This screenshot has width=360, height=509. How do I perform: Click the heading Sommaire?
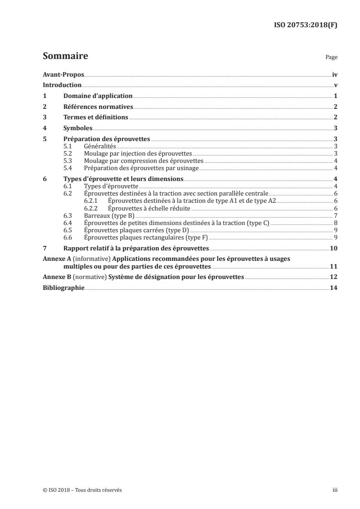(x=65, y=57)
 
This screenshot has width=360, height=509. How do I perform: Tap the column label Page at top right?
(x=331, y=58)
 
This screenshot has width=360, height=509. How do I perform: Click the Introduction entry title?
(x=62, y=85)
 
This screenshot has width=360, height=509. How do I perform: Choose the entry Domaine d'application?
(x=98, y=96)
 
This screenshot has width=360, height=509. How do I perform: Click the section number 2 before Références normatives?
(x=44, y=107)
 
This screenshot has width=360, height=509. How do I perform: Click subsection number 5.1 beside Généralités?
(x=68, y=147)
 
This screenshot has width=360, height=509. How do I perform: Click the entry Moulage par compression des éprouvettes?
(x=143, y=161)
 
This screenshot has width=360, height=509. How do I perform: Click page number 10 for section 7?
(x=334, y=248)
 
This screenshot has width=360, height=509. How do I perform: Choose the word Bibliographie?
(x=63, y=288)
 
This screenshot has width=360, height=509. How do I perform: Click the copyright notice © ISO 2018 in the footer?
(x=82, y=490)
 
